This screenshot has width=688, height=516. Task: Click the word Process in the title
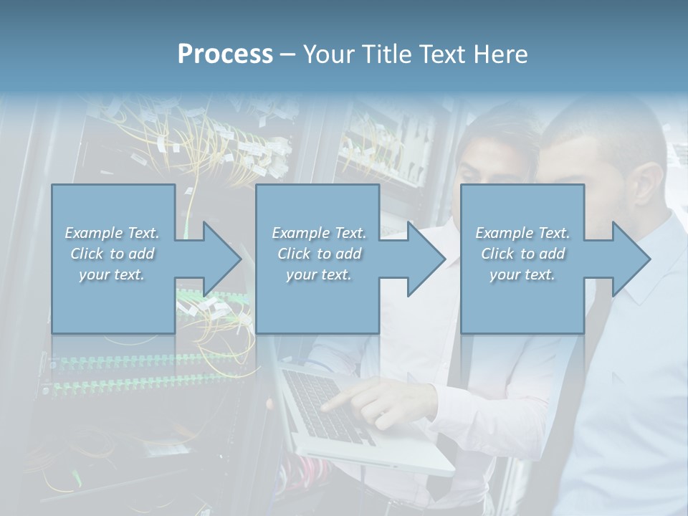coord(225,54)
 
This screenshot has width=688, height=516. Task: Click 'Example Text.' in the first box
coord(112,233)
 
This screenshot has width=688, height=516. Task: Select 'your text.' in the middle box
coord(318,274)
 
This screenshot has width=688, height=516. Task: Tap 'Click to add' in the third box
coord(522,254)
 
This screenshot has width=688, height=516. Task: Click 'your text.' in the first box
coord(112,274)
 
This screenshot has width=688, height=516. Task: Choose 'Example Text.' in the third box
coord(522,233)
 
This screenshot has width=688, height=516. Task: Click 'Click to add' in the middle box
coord(318,254)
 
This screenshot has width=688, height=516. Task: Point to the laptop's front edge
coord(373,459)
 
